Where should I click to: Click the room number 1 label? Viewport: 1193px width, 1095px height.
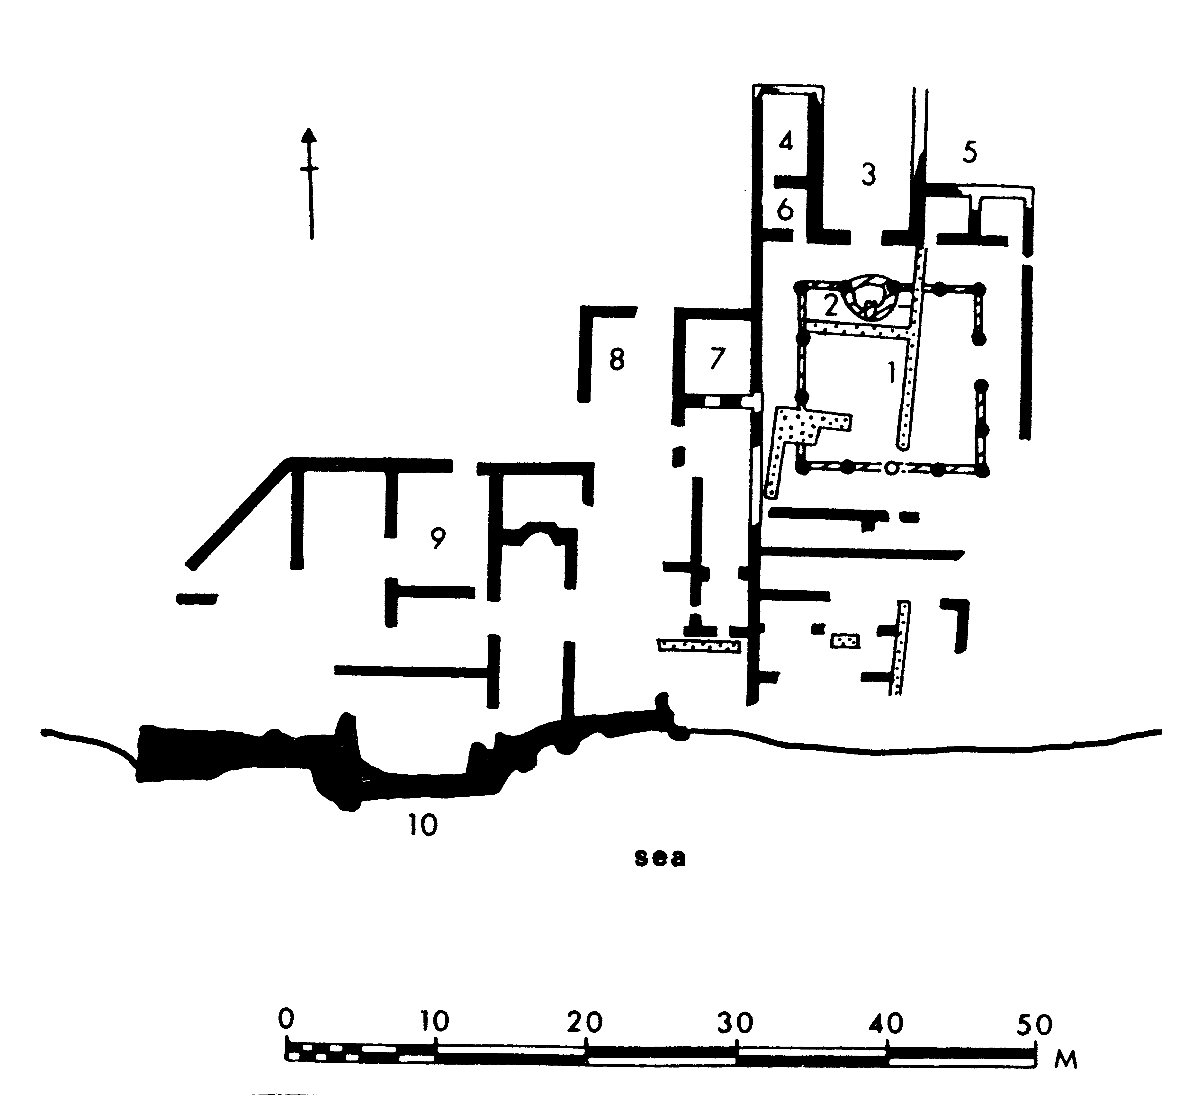coord(890,373)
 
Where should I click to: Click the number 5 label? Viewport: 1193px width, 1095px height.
coord(969,152)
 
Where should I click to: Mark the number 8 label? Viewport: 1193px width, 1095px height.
coord(617,360)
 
